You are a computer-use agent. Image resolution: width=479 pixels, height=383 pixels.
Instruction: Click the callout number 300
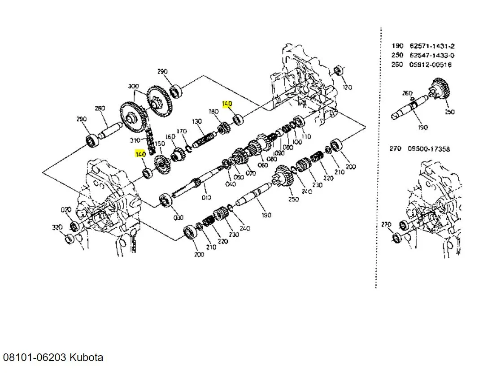133,86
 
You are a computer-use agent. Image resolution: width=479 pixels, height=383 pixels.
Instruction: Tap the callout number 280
100,109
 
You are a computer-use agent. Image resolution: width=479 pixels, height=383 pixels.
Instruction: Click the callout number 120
347,87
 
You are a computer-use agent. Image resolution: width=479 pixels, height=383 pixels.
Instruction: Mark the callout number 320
57,227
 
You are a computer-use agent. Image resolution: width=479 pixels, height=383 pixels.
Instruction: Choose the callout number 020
66,209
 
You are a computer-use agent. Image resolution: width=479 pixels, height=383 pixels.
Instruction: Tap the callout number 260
407,93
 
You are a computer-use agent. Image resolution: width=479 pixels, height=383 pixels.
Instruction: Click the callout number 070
251,173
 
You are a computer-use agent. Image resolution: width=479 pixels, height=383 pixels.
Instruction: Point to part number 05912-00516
431,65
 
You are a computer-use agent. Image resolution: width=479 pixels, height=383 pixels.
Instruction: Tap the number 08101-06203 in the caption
35,357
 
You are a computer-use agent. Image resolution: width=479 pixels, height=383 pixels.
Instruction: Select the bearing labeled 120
340,71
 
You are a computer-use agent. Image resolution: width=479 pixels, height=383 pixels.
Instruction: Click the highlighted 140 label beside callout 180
227,104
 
